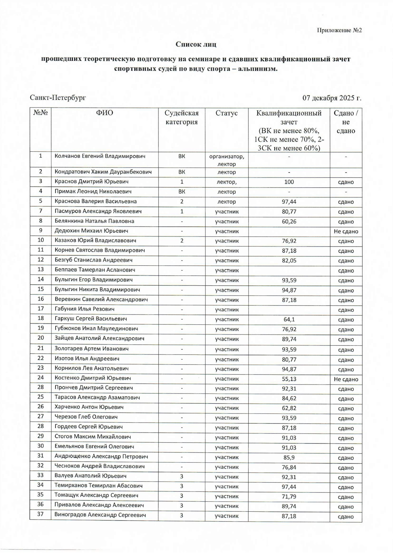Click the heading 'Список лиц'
pyautogui.click(x=196, y=44)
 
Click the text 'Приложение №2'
pyautogui.click(x=339, y=30)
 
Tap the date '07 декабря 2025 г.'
pyautogui.click(x=332, y=98)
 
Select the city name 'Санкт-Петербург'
pyautogui.click(x=58, y=98)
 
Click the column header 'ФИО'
pyautogui.click(x=104, y=113)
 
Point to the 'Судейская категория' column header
pyautogui.click(x=181, y=118)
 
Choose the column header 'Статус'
pyautogui.click(x=226, y=113)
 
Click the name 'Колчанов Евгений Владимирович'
pyautogui.click(x=100, y=156)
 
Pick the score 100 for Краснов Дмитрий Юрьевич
pyautogui.click(x=289, y=182)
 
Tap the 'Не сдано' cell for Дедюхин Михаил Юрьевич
pyautogui.click(x=346, y=231)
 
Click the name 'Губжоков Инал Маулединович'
pyautogui.click(x=96, y=329)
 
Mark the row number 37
pyautogui.click(x=40, y=514)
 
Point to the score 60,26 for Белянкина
pyautogui.click(x=289, y=221)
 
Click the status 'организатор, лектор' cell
pyautogui.click(x=226, y=160)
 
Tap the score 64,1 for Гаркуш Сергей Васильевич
pyautogui.click(x=289, y=319)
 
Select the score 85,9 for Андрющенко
pyautogui.click(x=289, y=457)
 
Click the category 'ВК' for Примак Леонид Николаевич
pyautogui.click(x=181, y=192)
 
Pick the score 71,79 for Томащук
pyautogui.click(x=289, y=496)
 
